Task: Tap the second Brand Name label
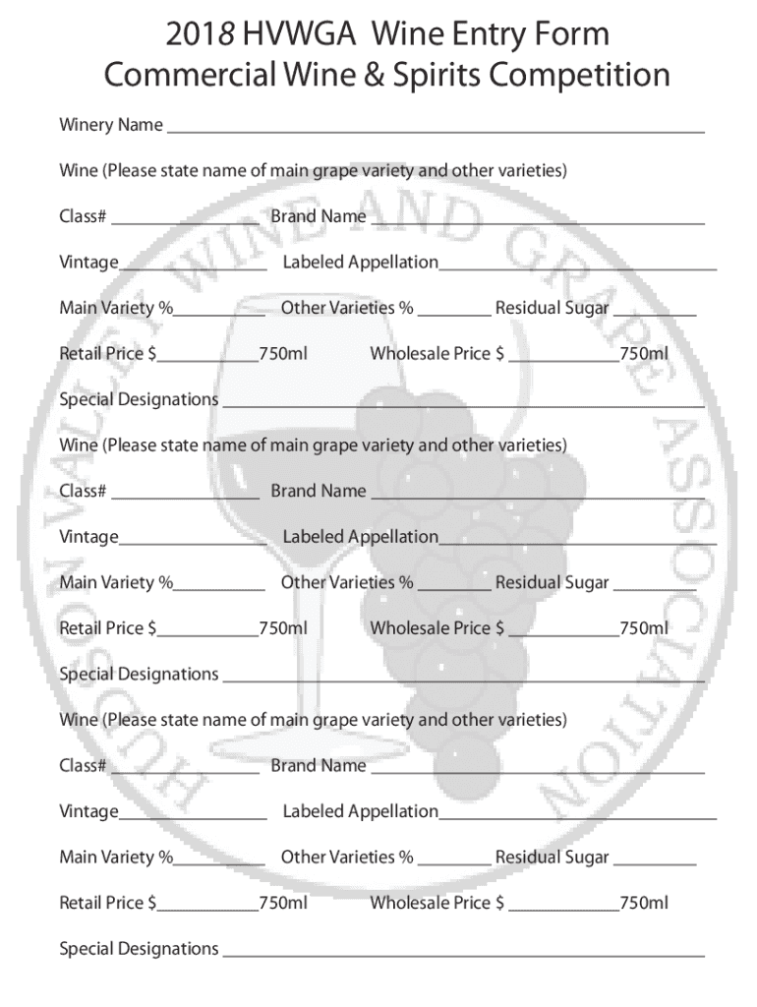pyautogui.click(x=319, y=491)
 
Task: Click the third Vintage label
pyautogui.click(x=88, y=811)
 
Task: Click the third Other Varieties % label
pyautogui.click(x=347, y=858)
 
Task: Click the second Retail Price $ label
pyautogui.click(x=108, y=627)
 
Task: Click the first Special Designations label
pyautogui.click(x=139, y=399)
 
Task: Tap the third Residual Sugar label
pyautogui.click(x=552, y=858)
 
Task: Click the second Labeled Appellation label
pyautogui.click(x=360, y=537)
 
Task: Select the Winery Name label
pyautogui.click(x=111, y=125)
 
